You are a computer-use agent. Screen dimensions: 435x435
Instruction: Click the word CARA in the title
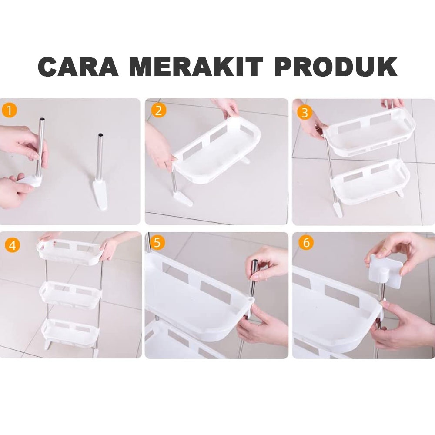78,67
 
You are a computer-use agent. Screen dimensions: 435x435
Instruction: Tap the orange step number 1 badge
10,110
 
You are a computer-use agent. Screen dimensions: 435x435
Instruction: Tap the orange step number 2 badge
159,110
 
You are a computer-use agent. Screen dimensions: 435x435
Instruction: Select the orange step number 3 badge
304,113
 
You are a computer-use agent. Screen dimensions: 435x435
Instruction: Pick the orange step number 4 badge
13,245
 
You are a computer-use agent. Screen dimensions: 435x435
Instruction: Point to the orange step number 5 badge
157,243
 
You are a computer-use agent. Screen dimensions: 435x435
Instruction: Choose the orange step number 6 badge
306,242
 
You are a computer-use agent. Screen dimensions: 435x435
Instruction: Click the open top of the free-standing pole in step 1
100,135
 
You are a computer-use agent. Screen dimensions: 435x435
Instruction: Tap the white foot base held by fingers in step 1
30,181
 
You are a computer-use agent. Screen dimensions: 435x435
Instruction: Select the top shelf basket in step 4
70,252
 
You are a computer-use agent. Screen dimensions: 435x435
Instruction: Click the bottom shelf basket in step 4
70,334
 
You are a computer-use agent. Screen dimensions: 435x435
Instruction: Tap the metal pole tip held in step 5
255,262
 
